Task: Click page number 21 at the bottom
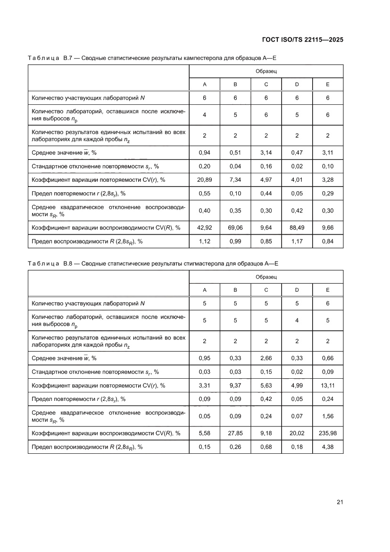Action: [340, 501]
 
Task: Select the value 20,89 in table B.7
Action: [205, 180]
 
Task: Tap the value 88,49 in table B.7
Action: [297, 228]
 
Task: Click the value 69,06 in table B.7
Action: [235, 228]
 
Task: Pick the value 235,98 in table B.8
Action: [327, 433]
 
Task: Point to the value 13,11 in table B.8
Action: [327, 385]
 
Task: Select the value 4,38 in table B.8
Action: [327, 447]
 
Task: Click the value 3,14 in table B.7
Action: [266, 153]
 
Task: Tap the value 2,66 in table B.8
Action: [266, 358]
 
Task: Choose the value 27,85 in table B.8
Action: [235, 433]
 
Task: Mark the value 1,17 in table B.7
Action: [297, 241]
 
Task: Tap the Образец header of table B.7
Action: [266, 71]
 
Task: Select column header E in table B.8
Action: [327, 289]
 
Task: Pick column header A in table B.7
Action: [205, 85]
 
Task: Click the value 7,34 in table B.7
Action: [235, 180]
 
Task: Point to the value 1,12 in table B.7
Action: [205, 241]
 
